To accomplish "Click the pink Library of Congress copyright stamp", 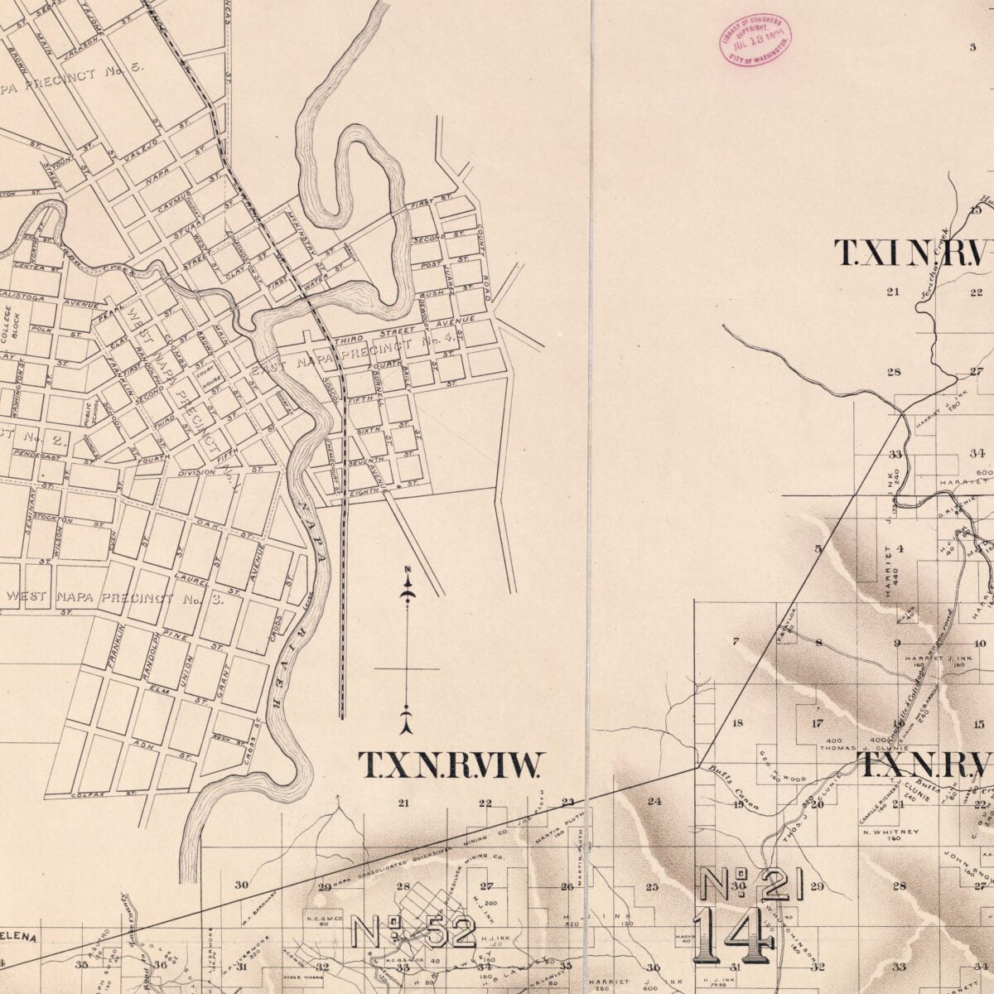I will coord(755,40).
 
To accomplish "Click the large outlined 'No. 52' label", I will coord(413,931).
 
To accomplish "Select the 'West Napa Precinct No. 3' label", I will coord(114,597).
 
